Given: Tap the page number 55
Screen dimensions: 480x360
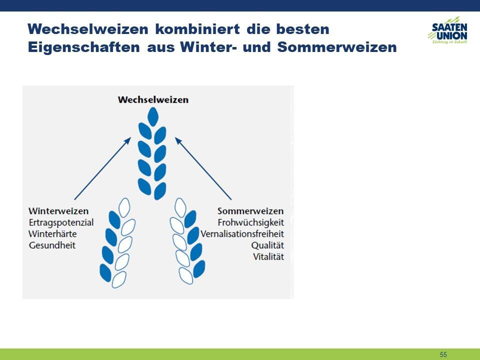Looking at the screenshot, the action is tap(443, 354).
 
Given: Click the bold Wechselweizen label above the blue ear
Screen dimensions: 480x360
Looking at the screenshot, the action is tap(153, 99).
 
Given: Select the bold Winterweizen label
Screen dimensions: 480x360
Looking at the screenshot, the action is tap(58, 211).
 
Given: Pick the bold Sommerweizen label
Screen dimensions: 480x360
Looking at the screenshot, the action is tap(250, 211).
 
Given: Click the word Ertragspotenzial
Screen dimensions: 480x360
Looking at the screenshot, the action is tap(61, 222).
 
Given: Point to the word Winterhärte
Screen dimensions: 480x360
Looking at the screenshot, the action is tap(52, 234).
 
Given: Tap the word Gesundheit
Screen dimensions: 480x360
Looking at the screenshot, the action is tap(52, 245).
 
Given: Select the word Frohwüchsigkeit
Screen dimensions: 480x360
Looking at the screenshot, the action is tap(250, 222).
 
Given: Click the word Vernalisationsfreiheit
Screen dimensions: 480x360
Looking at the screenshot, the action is tap(242, 234).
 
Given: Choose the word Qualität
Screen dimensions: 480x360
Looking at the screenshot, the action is tap(267, 245).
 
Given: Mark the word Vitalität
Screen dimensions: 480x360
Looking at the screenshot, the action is tap(268, 256).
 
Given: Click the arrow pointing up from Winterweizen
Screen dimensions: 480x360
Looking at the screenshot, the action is tap(103, 168).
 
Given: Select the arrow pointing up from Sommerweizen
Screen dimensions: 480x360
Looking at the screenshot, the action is tap(203, 168).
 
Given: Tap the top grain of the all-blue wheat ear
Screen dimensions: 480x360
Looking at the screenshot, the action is tap(153, 116).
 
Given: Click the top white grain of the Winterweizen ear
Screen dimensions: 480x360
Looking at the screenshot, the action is tap(124, 207).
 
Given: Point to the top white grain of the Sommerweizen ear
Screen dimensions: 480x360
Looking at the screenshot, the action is tap(180, 207).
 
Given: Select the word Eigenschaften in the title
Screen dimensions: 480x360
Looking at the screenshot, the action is tap(84, 47).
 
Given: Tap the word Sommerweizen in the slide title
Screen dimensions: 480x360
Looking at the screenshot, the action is tap(337, 47).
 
